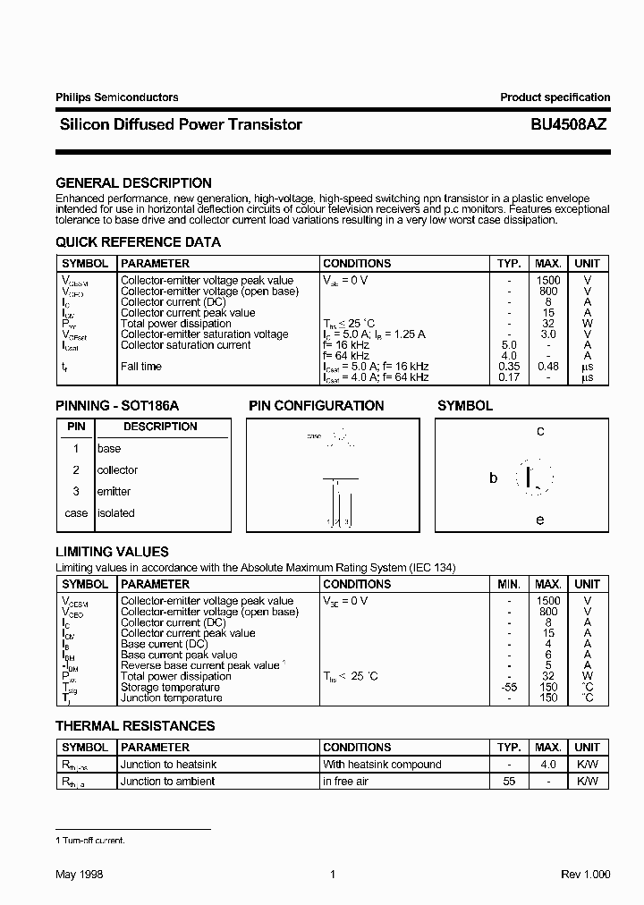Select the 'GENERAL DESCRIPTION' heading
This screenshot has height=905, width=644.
coord(133,182)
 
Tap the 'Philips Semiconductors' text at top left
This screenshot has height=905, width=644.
coord(116,97)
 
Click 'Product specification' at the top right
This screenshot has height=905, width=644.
coord(555,97)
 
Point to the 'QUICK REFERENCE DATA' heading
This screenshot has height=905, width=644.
coord(138,242)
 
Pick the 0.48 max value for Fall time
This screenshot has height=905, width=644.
coord(548,367)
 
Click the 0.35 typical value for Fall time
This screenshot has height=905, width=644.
coord(509,367)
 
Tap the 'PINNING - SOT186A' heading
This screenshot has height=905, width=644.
coord(117,406)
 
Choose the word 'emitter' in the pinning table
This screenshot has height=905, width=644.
coord(114,492)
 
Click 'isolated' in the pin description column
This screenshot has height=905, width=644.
coord(116,513)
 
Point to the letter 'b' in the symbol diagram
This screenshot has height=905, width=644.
coord(493,478)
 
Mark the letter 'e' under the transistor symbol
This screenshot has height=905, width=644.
coord(540,520)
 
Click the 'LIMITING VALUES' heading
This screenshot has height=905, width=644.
coord(112,552)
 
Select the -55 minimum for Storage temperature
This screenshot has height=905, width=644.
coord(508,687)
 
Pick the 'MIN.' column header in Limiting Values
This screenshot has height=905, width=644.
coord(509,584)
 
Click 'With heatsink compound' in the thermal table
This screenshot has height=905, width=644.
coord(382,765)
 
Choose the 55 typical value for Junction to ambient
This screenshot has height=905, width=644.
coord(509,782)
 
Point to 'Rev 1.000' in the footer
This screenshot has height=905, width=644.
coord(586,875)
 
